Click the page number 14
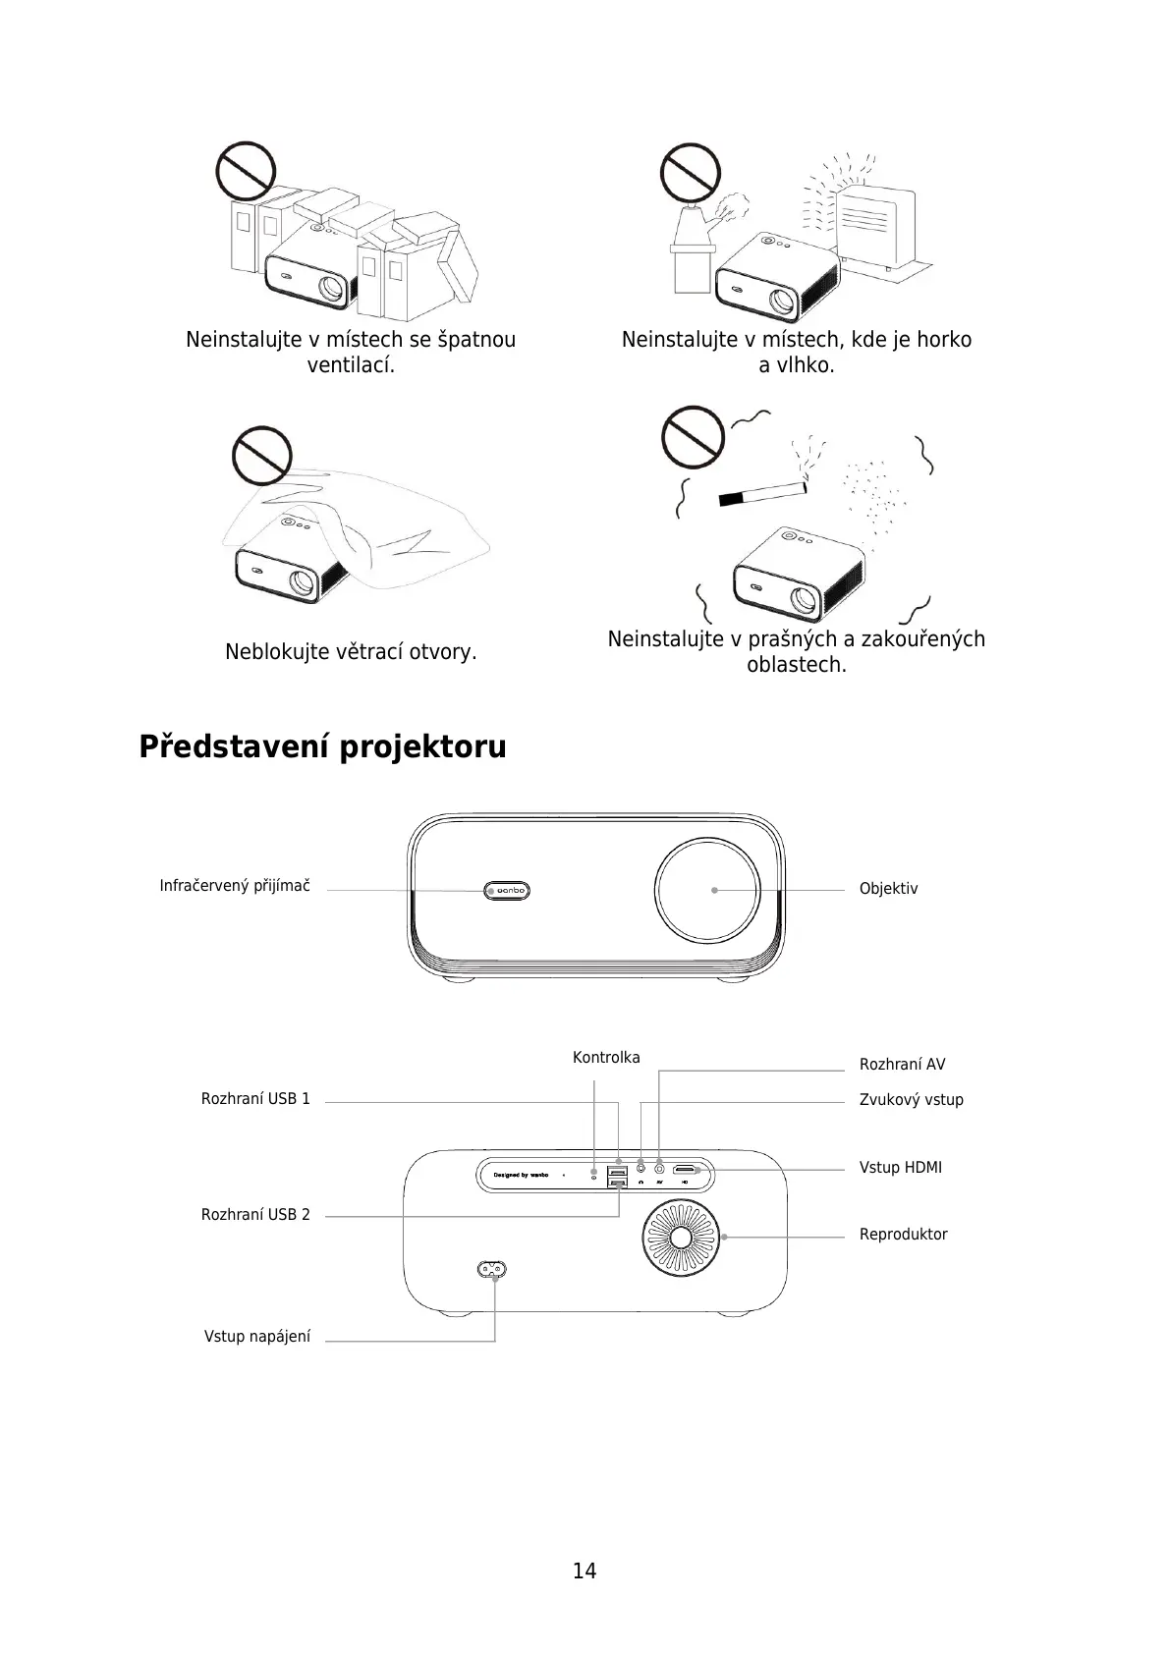coord(585,1571)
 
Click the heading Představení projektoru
coord(322,746)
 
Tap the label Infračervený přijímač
coord(235,886)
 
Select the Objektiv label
coord(888,889)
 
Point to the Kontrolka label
coord(606,1058)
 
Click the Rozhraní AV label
coord(902,1065)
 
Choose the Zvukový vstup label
coord(911,1100)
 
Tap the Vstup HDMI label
coord(900,1168)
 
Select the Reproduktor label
coord(903,1235)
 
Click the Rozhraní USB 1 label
coord(255,1099)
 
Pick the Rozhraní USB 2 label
coord(255,1215)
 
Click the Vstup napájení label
coord(257,1337)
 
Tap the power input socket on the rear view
coord(492,1269)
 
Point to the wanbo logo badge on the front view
coord(507,890)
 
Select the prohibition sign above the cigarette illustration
coord(693,438)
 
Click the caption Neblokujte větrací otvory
coord(351,652)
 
